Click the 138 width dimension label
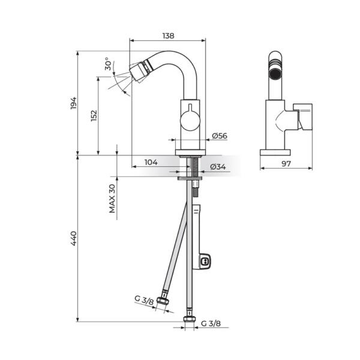pyautogui.click(x=168, y=36)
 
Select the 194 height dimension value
pyautogui.click(x=74, y=103)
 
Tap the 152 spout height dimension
pyautogui.click(x=94, y=115)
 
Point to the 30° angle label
pyautogui.click(x=107, y=64)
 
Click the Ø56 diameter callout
pyautogui.click(x=219, y=136)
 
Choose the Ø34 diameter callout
pyautogui.click(x=217, y=167)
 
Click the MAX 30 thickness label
pyautogui.click(x=112, y=198)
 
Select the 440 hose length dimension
pyautogui.click(x=74, y=238)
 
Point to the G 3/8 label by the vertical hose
pyautogui.click(x=211, y=323)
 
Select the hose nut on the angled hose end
pyautogui.click(x=161, y=303)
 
